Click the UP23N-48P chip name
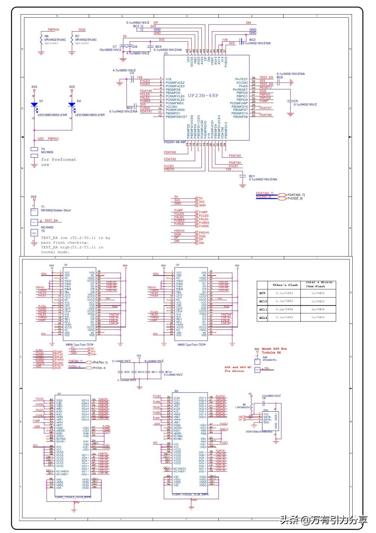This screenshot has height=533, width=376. [x=203, y=95]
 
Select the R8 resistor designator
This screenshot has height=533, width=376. [x=46, y=36]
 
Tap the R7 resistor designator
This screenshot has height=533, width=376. [x=77, y=36]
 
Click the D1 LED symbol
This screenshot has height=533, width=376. [x=34, y=105]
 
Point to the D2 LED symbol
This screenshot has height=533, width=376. [x=71, y=105]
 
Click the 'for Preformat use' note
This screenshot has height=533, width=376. [x=58, y=162]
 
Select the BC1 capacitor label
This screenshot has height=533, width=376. [x=252, y=176]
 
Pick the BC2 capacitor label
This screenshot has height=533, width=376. [x=252, y=39]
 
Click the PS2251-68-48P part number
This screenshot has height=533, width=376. [x=175, y=142]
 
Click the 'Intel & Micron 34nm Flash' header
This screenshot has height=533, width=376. [x=318, y=284]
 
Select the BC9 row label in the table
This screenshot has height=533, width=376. [x=262, y=293]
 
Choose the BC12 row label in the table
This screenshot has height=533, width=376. [x=263, y=318]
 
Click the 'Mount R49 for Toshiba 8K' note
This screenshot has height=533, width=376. [x=274, y=351]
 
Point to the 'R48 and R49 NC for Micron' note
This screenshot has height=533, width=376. [x=238, y=369]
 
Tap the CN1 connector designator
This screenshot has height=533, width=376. [x=266, y=410]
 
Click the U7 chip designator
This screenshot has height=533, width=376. [x=59, y=394]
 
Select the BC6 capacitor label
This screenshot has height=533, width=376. [x=280, y=77]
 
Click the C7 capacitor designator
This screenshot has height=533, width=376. [x=115, y=47]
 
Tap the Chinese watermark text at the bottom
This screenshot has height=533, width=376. [x=323, y=520]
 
